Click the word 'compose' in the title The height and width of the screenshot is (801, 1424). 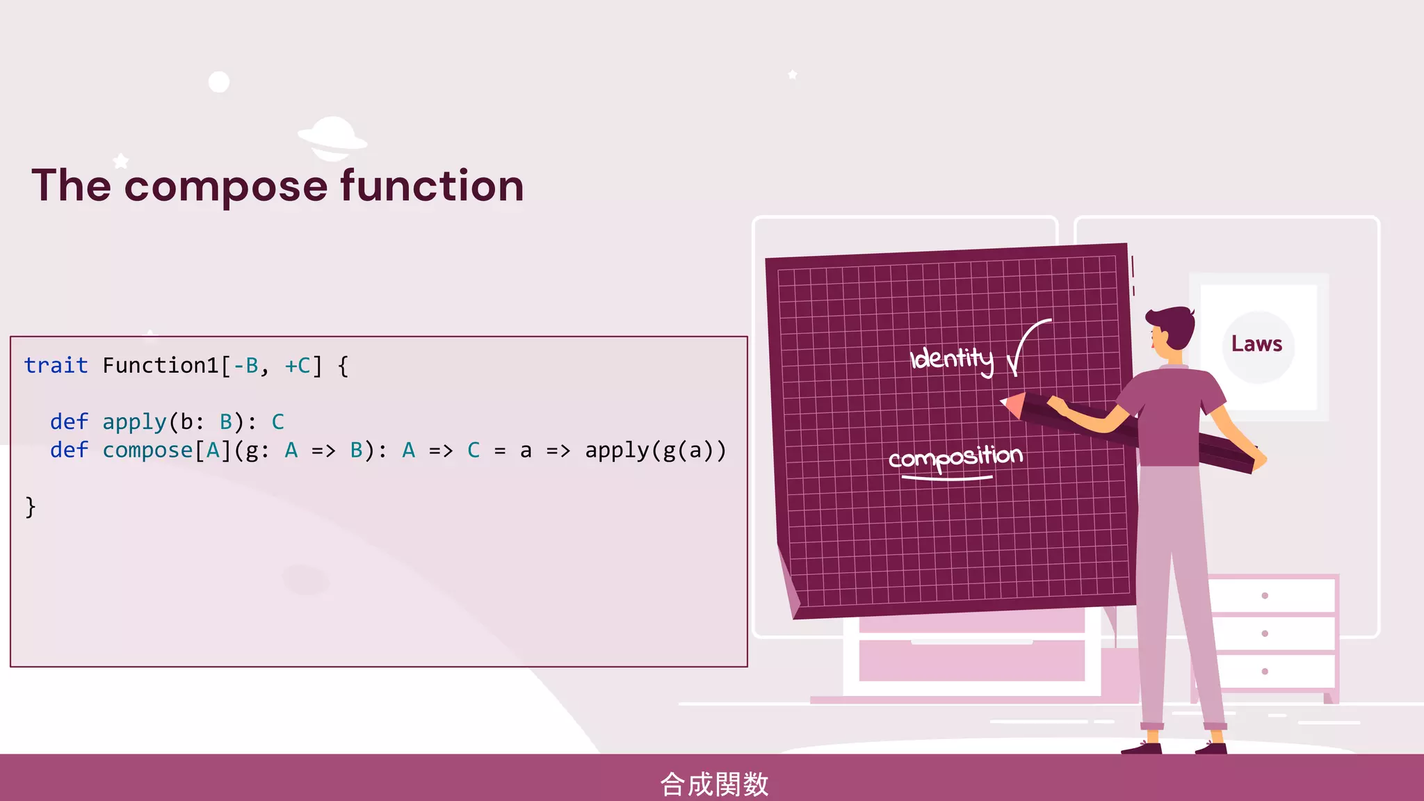coord(226,186)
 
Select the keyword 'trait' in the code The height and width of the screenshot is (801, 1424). coord(56,366)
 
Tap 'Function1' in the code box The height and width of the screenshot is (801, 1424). coord(161,366)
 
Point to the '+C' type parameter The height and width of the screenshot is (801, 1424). coord(298,366)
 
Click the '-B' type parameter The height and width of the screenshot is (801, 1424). coord(246,366)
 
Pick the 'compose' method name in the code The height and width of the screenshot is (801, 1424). coord(147,451)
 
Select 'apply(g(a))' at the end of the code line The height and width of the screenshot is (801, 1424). coord(655,451)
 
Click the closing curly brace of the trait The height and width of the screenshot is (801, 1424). coord(30,507)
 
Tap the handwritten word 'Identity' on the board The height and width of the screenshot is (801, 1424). coord(951,359)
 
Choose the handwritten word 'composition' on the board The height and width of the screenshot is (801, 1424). coord(955,458)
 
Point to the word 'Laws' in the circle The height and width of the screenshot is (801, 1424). coord(1256,344)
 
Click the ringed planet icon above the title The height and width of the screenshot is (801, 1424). coord(332,137)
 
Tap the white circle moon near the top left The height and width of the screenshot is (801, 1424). coord(219,82)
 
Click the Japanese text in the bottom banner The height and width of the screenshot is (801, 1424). coord(713,784)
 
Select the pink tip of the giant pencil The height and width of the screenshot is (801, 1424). coord(1012,404)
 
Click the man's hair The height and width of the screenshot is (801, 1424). coord(1172,323)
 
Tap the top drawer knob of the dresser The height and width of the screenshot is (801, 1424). coord(1265,596)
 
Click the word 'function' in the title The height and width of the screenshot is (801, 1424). coord(432,186)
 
